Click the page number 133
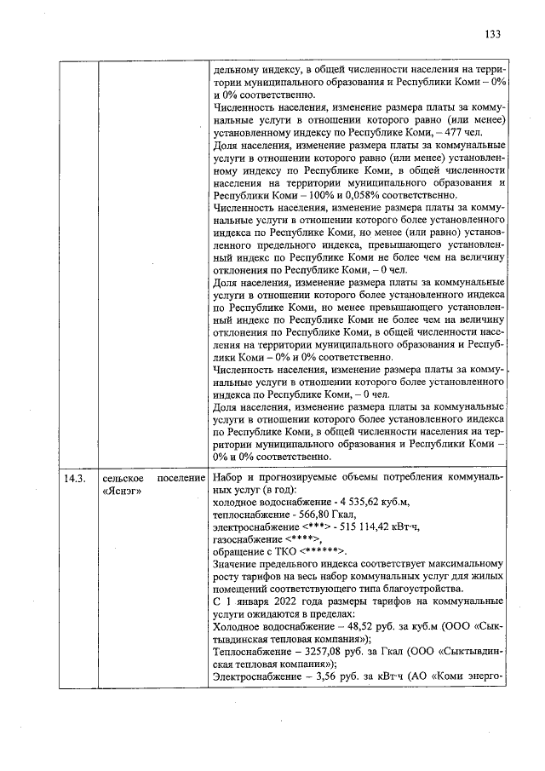(x=492, y=35)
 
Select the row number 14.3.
(x=76, y=479)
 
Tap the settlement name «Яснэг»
(x=121, y=492)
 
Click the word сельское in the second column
(x=123, y=479)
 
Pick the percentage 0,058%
(x=335, y=194)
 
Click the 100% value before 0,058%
(x=299, y=194)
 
